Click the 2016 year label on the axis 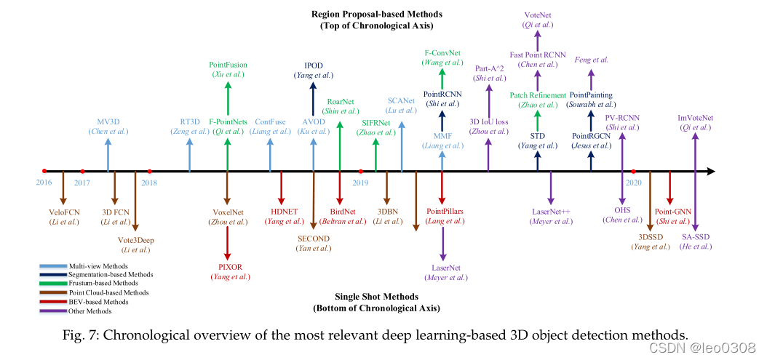44,183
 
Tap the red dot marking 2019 361,172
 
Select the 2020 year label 633,183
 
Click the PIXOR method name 230,266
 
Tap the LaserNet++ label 551,211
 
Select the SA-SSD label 696,236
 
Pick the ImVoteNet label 696,117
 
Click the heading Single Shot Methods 376,297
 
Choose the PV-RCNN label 621,117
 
